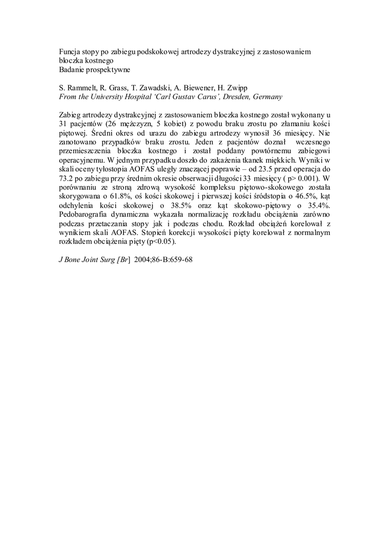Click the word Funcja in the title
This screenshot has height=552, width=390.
tap(69, 51)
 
